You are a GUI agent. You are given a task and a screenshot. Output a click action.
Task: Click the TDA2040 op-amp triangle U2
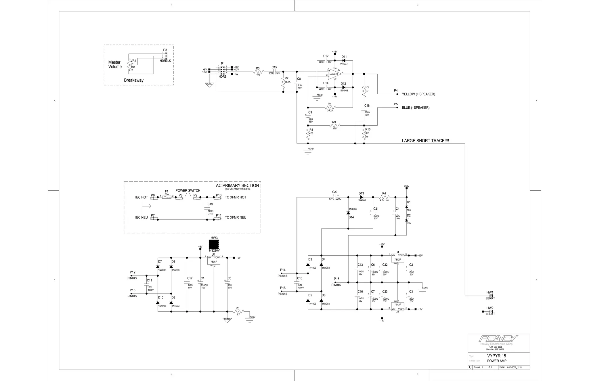click(x=334, y=74)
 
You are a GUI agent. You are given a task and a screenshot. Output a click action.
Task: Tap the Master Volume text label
click(x=115, y=64)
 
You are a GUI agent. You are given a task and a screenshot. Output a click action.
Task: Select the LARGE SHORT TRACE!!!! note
click(x=425, y=141)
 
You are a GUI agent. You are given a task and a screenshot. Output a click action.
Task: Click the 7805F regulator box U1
click(x=214, y=261)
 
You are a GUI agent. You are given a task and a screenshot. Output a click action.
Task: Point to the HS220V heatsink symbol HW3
click(x=214, y=244)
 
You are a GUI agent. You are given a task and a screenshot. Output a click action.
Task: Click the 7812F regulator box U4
click(x=397, y=259)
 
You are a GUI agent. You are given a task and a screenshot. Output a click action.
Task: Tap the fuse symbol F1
click(x=167, y=197)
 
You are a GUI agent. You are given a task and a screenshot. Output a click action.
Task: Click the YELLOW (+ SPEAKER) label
click(x=418, y=94)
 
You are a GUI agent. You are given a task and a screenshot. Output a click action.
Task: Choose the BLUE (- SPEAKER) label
click(x=416, y=108)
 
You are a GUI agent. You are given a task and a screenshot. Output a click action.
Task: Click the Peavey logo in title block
click(x=498, y=338)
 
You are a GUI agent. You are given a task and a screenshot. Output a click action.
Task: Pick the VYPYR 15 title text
click(x=496, y=356)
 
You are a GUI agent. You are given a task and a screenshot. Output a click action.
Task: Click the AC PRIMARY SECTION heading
click(x=237, y=185)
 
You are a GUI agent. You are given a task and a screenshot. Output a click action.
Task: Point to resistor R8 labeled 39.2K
click(x=330, y=108)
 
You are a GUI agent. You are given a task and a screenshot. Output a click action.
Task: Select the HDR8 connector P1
click(x=223, y=70)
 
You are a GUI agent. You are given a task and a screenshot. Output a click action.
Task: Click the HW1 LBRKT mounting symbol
click(x=491, y=296)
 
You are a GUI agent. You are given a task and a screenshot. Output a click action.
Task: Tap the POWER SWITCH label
click(x=188, y=190)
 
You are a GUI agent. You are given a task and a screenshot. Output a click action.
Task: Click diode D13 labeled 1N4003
click(x=362, y=197)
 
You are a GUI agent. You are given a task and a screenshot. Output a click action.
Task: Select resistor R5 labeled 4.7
click(x=238, y=311)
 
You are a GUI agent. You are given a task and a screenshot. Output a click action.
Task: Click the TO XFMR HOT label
click(x=235, y=197)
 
